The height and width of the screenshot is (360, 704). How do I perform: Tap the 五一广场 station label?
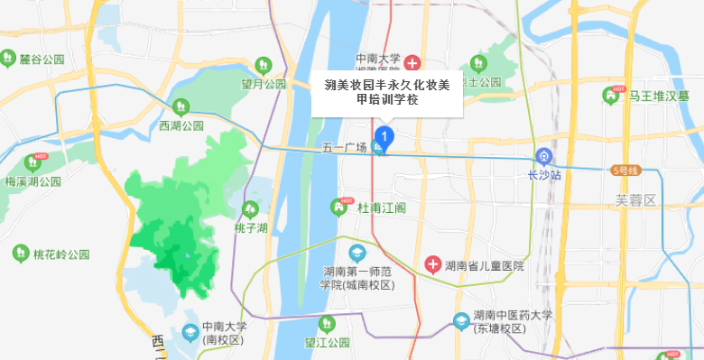pyautogui.click(x=345, y=148)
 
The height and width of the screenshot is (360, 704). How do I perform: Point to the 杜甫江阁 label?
pyautogui.click(x=381, y=208)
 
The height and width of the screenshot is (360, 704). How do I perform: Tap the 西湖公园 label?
pyautogui.click(x=181, y=125)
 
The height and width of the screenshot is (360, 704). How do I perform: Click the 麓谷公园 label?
pyautogui.click(x=42, y=60)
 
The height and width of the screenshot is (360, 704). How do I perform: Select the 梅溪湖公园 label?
pyautogui.click(x=33, y=180)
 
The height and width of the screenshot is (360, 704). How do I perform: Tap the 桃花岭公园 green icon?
pyautogui.click(x=20, y=254)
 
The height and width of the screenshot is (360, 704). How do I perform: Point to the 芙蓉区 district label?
pyautogui.click(x=634, y=199)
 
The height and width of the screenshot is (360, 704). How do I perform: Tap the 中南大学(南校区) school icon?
pyautogui.click(x=190, y=332)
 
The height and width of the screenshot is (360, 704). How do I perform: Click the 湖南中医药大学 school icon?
pyautogui.click(x=461, y=320)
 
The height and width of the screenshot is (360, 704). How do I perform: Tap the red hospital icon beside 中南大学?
pyautogui.click(x=412, y=63)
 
